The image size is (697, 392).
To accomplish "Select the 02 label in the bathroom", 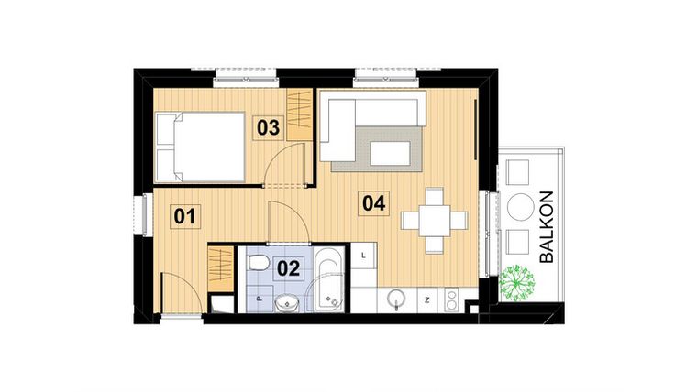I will (x=289, y=268).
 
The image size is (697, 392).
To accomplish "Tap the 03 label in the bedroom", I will (x=267, y=127).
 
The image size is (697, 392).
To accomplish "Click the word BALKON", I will (x=548, y=226).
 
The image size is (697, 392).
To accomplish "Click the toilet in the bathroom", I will (x=260, y=266).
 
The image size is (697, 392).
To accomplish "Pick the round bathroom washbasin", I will (x=288, y=299).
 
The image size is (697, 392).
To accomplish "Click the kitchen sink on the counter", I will (x=397, y=297).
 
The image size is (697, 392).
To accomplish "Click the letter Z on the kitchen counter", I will (x=426, y=299).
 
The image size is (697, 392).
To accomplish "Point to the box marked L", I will (x=364, y=256).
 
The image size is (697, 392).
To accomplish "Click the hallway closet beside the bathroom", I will (x=221, y=267).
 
